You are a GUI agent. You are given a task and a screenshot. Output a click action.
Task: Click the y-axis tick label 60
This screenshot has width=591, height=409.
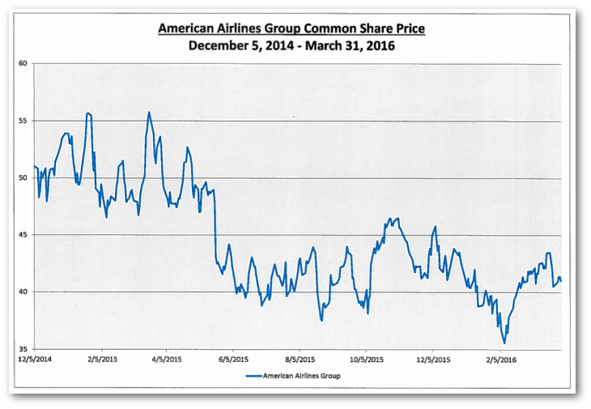23,63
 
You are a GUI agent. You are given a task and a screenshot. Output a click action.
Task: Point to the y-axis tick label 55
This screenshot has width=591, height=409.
23,121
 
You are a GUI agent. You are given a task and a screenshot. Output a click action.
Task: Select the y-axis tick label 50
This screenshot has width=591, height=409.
23,177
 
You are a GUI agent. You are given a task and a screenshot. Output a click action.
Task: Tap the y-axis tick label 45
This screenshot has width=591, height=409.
23,235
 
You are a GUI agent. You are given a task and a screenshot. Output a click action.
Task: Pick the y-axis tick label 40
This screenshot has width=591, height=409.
23,292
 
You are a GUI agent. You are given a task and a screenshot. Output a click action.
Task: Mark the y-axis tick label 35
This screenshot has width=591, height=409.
23,349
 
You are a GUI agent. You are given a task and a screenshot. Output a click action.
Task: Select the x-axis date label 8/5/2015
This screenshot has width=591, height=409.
299,357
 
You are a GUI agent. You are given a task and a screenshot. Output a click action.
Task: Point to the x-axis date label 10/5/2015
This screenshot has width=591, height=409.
365,357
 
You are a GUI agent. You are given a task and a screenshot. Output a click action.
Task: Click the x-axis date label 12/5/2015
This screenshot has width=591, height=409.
432,357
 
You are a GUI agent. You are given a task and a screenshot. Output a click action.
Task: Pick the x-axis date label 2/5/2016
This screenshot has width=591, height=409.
500,357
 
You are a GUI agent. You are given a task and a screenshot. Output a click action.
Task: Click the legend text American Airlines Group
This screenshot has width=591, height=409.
308,375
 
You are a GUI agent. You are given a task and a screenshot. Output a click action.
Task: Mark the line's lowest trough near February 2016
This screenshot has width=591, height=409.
504,343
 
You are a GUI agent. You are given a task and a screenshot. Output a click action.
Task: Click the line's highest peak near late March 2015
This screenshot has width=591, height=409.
149,113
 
